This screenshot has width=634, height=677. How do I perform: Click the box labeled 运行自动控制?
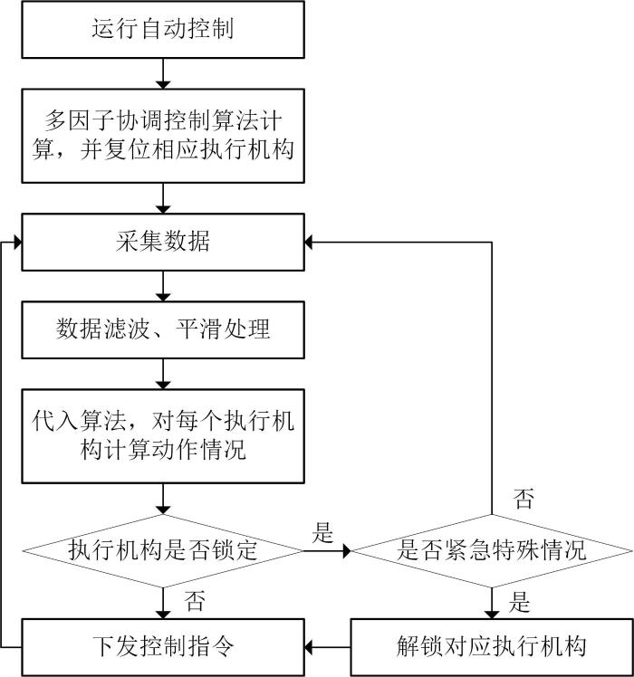tap(163, 29)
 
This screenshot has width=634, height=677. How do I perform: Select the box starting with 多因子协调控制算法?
tap(163, 136)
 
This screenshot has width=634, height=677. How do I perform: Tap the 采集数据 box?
tap(163, 242)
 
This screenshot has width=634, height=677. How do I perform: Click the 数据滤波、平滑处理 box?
tap(163, 329)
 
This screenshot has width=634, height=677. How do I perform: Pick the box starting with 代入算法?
tap(163, 436)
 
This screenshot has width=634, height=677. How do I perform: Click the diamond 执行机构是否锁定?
tap(163, 550)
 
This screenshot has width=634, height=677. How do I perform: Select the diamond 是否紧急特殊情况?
tap(492, 550)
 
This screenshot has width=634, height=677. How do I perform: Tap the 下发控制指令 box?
tap(163, 647)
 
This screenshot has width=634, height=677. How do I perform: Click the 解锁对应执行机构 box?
tap(492, 647)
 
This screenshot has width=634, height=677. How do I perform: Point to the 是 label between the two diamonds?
tap(322, 532)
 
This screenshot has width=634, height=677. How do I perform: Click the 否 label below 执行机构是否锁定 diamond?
tap(195, 601)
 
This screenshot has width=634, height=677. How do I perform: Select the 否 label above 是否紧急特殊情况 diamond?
tap(524, 499)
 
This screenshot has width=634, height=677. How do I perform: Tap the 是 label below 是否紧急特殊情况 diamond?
tap(519, 602)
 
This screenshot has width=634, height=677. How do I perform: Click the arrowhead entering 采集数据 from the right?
tap(309, 243)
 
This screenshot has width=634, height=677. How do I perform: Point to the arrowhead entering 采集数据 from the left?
tap(18, 243)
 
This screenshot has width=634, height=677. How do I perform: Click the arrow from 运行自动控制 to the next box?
tap(163, 73)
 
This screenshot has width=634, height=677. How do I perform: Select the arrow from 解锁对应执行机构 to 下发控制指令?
tap(328, 647)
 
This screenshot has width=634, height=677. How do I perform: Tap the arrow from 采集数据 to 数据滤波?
tap(163, 286)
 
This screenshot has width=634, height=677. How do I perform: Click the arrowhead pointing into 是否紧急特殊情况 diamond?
tap(347, 551)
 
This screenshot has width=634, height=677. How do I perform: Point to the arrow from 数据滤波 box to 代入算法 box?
tap(163, 374)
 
